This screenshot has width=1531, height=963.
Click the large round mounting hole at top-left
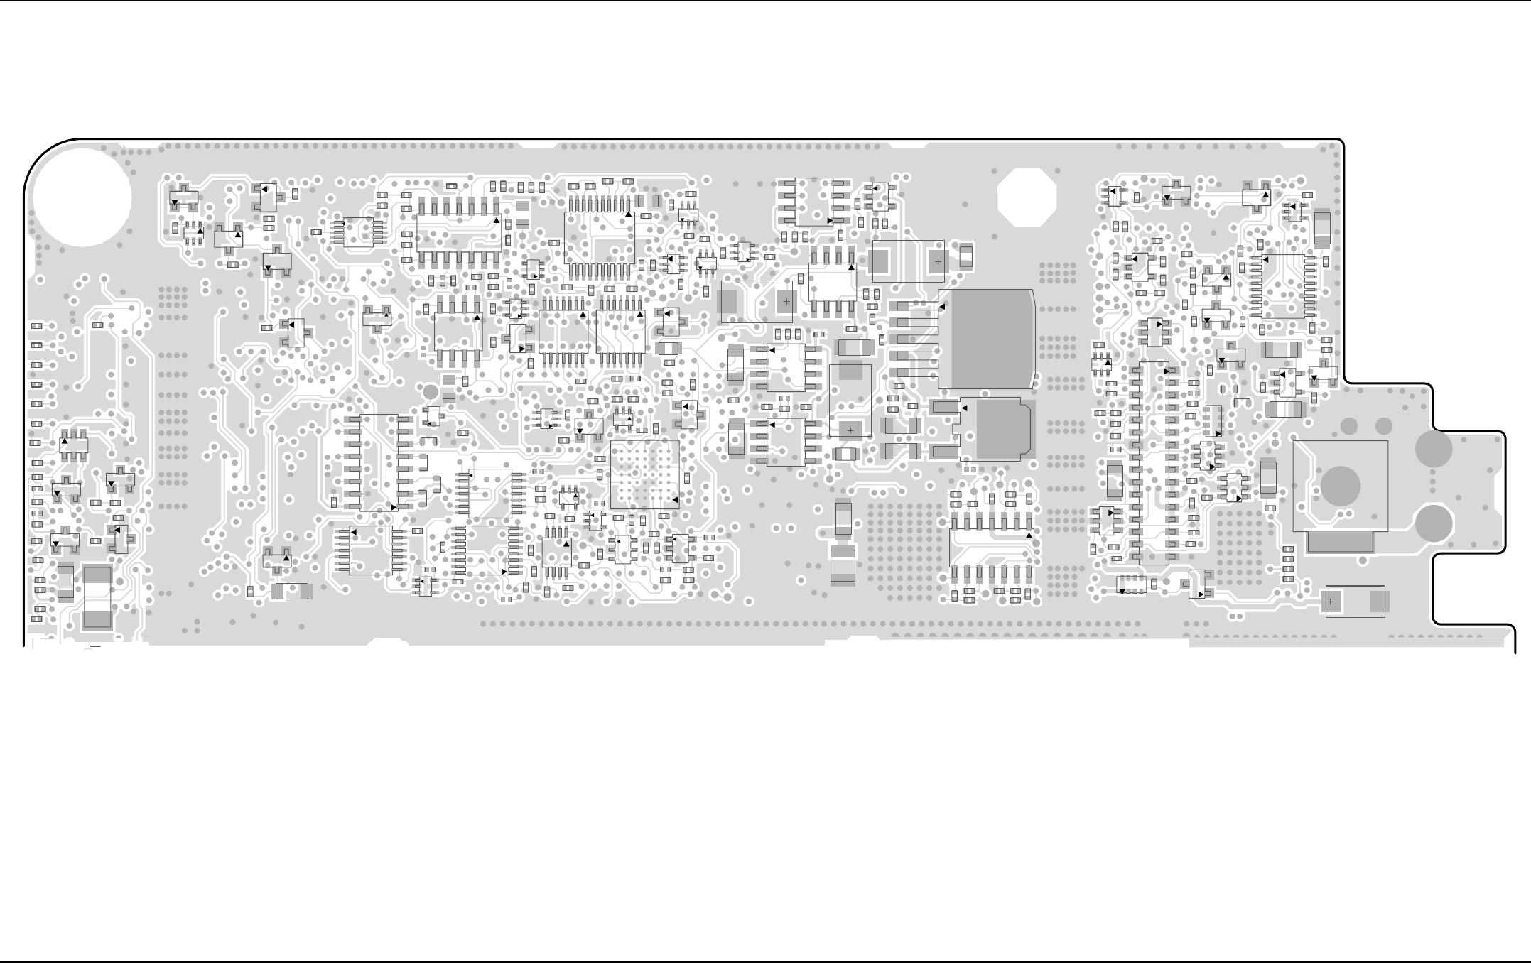[82, 197]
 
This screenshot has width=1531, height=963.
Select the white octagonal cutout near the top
[1027, 197]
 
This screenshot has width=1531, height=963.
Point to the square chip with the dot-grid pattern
[644, 474]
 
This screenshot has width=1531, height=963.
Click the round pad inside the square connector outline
[1340, 486]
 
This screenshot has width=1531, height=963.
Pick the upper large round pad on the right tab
[1433, 449]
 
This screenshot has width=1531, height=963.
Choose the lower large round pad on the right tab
[1433, 523]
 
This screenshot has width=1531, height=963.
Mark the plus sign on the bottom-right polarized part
[1331, 602]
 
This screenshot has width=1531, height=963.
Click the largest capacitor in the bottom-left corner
[97, 598]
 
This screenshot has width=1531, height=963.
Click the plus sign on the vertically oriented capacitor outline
[850, 430]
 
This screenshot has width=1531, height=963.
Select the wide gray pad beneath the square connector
[1340, 543]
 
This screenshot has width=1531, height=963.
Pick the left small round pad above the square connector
[1348, 426]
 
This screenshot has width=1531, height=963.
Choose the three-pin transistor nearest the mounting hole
[183, 198]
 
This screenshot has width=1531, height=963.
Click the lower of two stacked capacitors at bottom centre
[843, 566]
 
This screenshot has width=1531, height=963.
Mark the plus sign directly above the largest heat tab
[938, 261]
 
